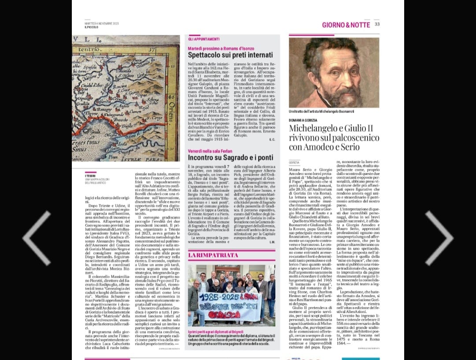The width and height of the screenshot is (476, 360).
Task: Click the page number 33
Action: (x=377, y=25)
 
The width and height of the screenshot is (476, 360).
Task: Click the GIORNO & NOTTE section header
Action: (x=346, y=25)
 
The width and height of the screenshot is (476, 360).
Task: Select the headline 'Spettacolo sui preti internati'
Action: (x=230, y=55)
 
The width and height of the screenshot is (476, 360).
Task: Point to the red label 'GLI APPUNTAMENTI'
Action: (x=204, y=39)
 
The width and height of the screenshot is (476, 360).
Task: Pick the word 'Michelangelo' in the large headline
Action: (x=314, y=128)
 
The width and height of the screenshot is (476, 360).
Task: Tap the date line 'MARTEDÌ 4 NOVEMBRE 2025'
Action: (x=101, y=23)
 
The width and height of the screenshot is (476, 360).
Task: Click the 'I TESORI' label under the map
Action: (x=90, y=175)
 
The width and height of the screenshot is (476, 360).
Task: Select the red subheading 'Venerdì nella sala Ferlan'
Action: (x=209, y=151)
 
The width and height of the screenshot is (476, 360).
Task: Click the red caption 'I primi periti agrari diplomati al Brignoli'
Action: (x=216, y=331)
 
